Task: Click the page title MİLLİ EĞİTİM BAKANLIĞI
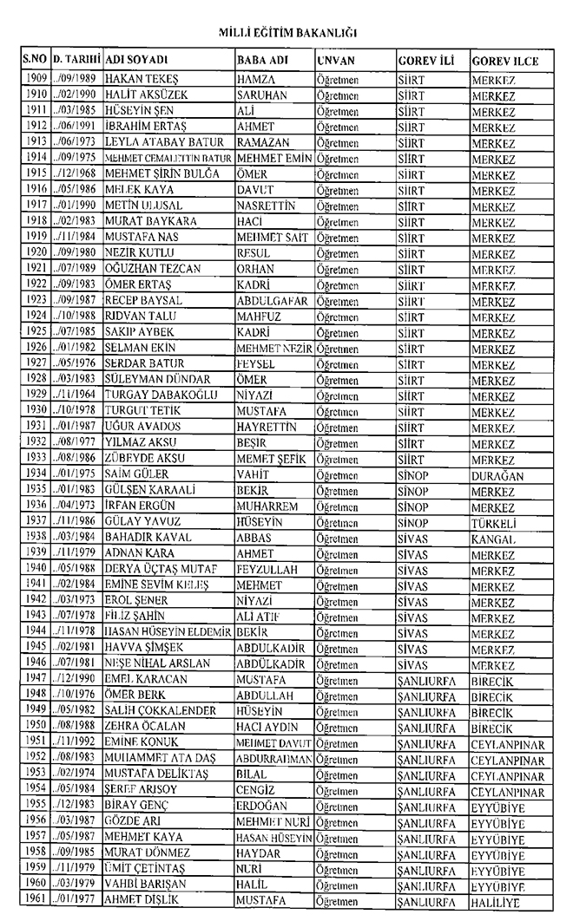[286, 33]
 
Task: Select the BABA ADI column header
[261, 62]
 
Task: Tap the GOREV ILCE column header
[505, 62]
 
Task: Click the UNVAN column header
[334, 62]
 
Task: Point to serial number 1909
[35, 78]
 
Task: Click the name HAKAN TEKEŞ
[137, 78]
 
